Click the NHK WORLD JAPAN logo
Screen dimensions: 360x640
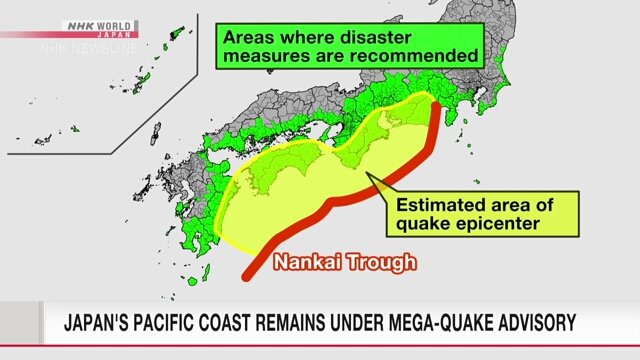pyautogui.click(x=99, y=27)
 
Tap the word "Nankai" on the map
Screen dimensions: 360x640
pyautogui.click(x=308, y=263)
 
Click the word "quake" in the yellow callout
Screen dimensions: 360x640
pyautogui.click(x=424, y=224)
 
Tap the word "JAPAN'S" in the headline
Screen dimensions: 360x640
pyautogui.click(x=100, y=323)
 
